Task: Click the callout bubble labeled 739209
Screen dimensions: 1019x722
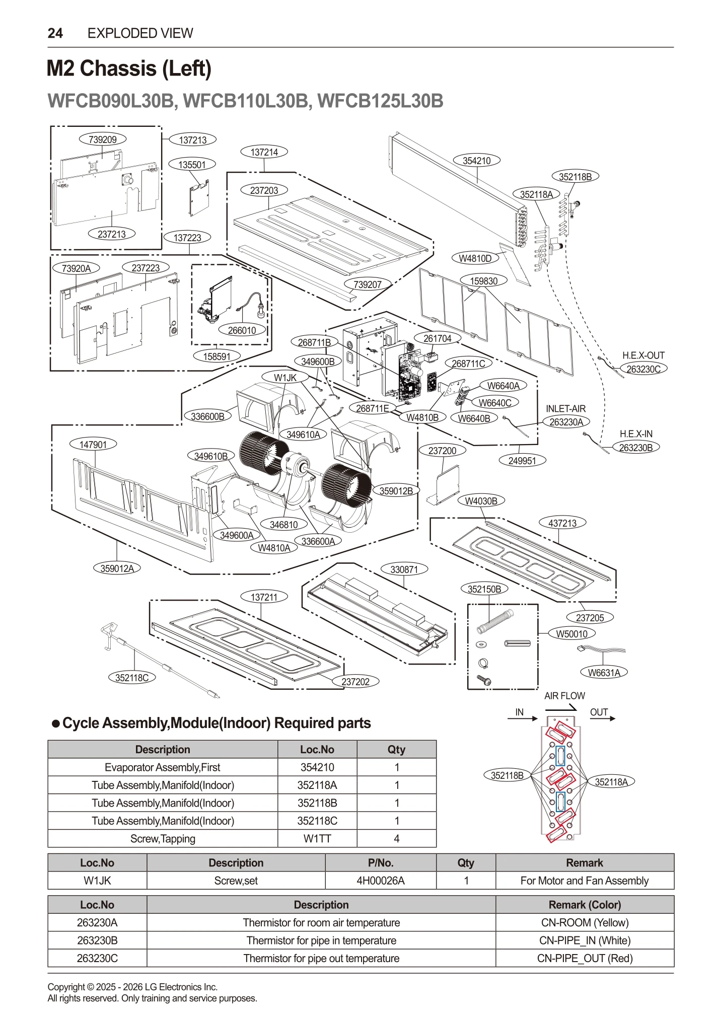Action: pyautogui.click(x=103, y=139)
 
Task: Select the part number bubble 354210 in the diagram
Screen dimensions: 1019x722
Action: pyautogui.click(x=476, y=161)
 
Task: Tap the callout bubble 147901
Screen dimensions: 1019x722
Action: pyautogui.click(x=93, y=444)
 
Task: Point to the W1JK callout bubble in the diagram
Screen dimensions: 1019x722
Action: pyautogui.click(x=285, y=377)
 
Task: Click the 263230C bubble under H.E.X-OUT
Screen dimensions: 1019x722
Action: pyautogui.click(x=643, y=369)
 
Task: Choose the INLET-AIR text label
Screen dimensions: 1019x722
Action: pyautogui.click(x=565, y=409)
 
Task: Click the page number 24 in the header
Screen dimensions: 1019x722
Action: pyautogui.click(x=55, y=33)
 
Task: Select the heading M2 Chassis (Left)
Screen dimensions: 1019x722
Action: pyautogui.click(x=129, y=68)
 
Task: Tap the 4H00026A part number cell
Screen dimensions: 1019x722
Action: pyautogui.click(x=380, y=881)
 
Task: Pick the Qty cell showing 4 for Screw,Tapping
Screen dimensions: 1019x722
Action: pyautogui.click(x=396, y=839)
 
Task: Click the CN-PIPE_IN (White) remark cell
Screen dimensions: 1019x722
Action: pyautogui.click(x=585, y=940)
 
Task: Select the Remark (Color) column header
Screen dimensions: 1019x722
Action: pyautogui.click(x=585, y=905)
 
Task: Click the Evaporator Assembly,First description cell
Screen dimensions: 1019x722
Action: pyautogui.click(x=162, y=767)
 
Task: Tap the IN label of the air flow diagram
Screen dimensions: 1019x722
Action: pyautogui.click(x=520, y=712)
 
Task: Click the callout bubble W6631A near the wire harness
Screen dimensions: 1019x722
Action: pyautogui.click(x=604, y=673)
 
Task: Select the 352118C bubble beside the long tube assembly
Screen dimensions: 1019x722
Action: pyautogui.click(x=132, y=678)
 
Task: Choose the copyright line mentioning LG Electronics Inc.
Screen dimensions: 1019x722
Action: pyautogui.click(x=132, y=987)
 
